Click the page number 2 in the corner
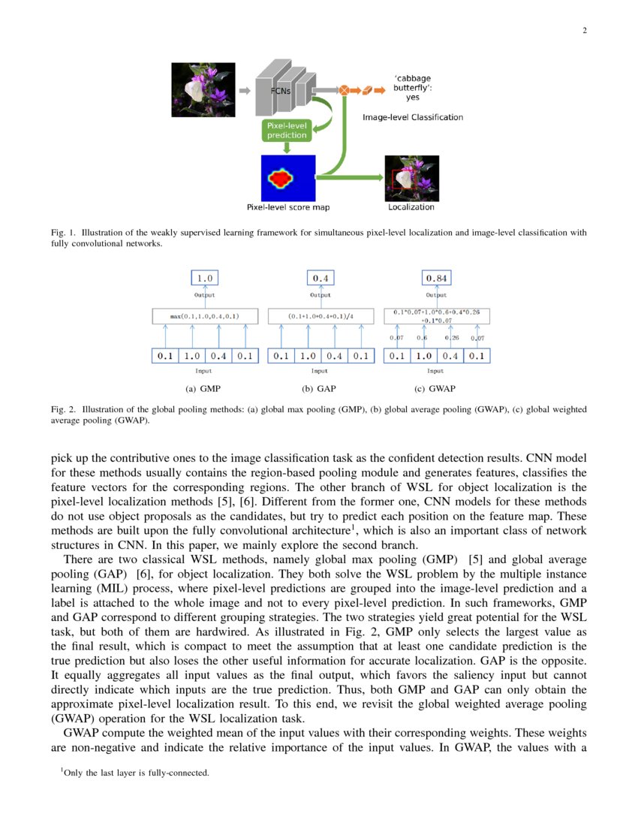(584, 30)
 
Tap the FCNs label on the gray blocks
(281, 92)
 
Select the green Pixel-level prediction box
(286, 131)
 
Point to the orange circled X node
(344, 90)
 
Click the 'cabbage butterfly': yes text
(413, 87)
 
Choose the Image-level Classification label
(413, 117)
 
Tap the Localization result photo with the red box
(411, 179)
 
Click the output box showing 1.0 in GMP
(204, 279)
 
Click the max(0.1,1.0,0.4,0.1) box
(204, 316)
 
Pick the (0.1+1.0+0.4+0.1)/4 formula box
(321, 316)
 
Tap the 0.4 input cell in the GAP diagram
(334, 356)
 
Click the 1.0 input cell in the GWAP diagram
(423, 356)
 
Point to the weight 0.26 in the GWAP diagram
(451, 338)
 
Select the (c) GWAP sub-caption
(435, 389)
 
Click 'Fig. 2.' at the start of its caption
(64, 410)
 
